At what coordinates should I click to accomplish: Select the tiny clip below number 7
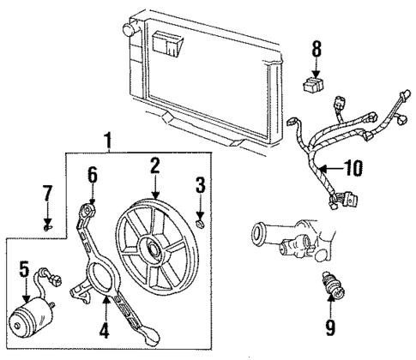coord(48,229)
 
